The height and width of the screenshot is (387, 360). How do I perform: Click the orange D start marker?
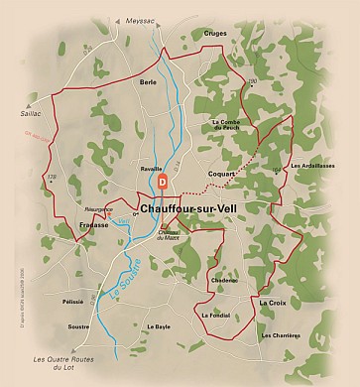click(165, 183)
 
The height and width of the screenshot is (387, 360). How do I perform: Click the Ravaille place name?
click(151, 170)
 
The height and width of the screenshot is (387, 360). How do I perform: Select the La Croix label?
click(272, 302)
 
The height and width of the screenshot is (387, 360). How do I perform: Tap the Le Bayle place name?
click(159, 326)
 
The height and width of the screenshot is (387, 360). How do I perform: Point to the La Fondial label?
click(215, 316)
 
